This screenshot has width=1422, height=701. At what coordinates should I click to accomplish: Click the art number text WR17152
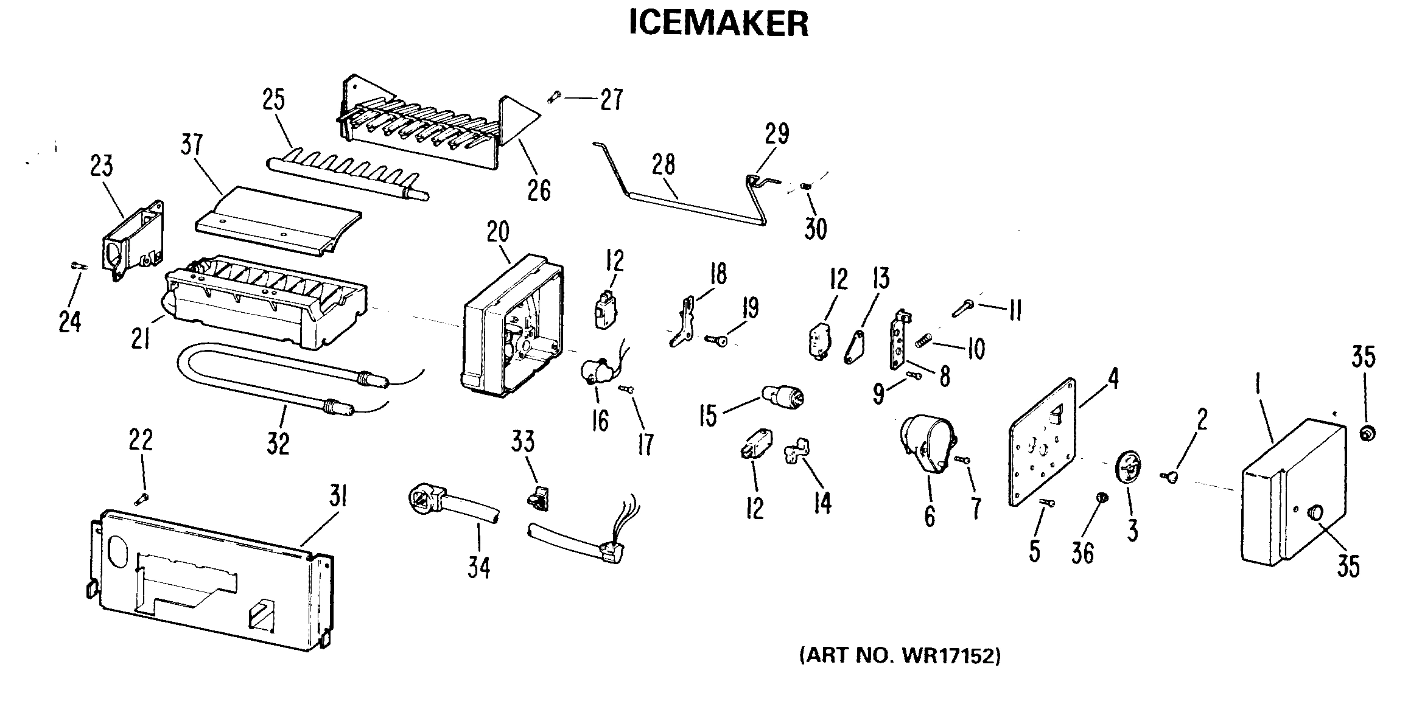[x=900, y=656]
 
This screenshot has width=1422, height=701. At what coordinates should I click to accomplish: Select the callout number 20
[x=498, y=232]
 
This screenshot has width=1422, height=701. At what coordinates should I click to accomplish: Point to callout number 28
[x=664, y=165]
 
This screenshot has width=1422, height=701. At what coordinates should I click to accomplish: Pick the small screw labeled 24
[x=78, y=265]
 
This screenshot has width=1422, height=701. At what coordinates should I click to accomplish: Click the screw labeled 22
[x=142, y=498]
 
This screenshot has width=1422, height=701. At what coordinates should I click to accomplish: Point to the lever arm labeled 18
[x=686, y=321]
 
